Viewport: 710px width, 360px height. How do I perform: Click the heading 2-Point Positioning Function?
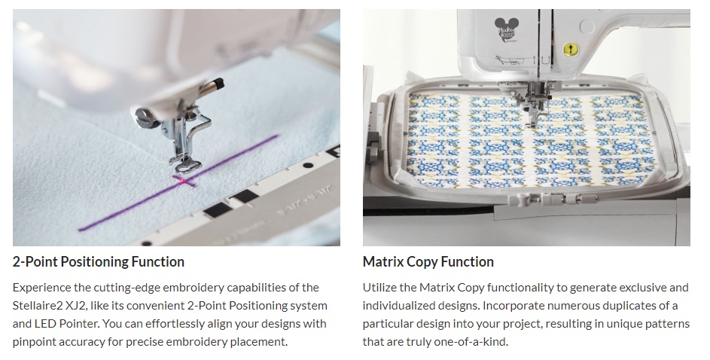tap(99, 262)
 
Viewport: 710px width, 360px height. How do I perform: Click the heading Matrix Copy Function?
tap(428, 262)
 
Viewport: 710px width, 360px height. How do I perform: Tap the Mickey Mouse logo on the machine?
tap(505, 30)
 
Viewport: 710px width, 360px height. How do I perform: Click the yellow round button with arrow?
tap(571, 50)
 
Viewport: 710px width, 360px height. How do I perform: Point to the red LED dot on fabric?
tap(182, 181)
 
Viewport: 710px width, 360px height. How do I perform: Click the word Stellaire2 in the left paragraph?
tap(39, 306)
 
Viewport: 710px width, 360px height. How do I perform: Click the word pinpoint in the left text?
tap(32, 343)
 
